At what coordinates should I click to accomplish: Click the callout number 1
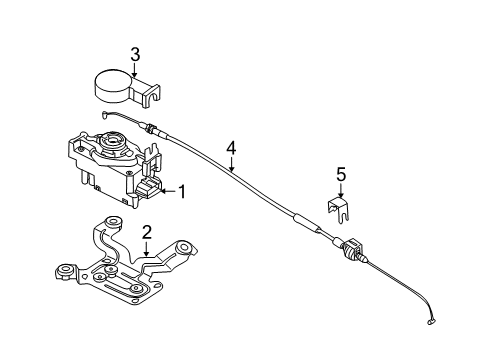tap(181, 190)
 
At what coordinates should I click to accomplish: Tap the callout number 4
tap(231, 147)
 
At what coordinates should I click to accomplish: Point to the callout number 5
tap(340, 174)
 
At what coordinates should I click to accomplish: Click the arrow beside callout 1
tap(166, 190)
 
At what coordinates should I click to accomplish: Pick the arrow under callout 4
tap(231, 165)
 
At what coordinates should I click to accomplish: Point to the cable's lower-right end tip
tap(432, 322)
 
